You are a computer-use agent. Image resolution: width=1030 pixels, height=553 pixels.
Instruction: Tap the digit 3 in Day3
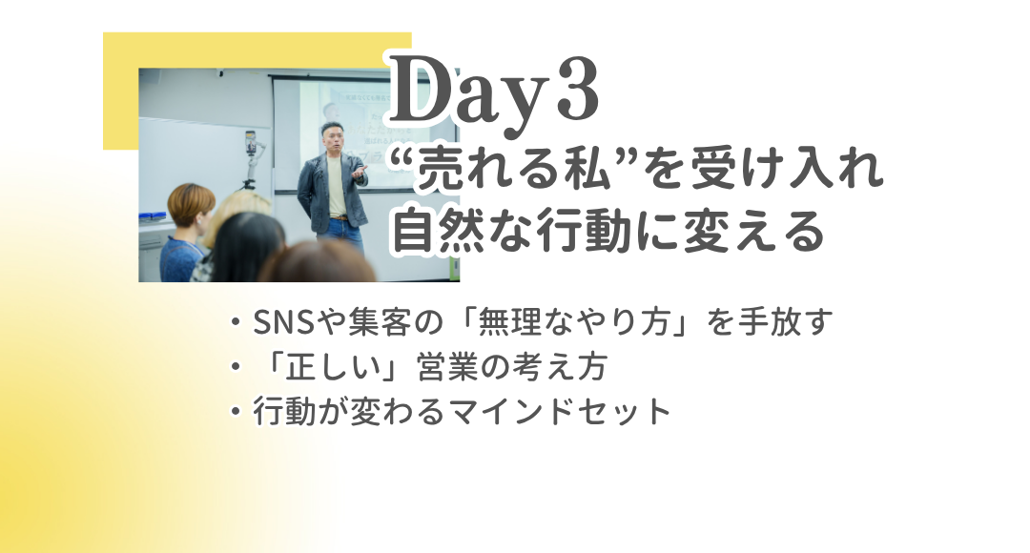click(577, 90)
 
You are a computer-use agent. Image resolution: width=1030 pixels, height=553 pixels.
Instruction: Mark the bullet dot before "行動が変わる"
click(236, 412)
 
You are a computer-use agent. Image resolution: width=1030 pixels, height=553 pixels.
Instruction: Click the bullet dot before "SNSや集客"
click(236, 322)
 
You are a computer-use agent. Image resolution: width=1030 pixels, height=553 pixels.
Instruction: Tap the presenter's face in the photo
click(332, 136)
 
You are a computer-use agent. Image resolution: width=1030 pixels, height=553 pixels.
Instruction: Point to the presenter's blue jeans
click(340, 235)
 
